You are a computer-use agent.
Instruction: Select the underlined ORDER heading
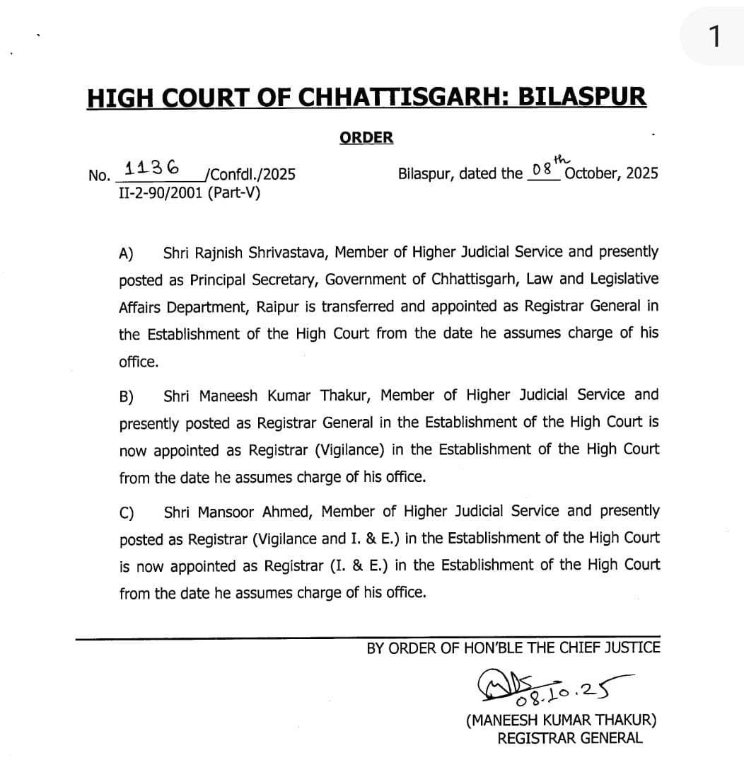coord(366,137)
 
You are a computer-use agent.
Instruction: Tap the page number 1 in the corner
coord(716,35)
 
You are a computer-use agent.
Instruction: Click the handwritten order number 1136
coord(152,168)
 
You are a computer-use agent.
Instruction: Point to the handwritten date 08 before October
coord(542,171)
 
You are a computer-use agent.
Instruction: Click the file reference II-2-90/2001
coord(162,192)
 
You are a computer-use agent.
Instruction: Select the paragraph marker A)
coord(127,253)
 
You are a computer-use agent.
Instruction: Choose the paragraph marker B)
coord(127,396)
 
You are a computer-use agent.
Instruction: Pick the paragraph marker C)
coord(127,512)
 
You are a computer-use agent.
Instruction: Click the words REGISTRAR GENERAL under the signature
coord(570,738)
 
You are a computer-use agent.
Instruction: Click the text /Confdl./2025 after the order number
coord(248,174)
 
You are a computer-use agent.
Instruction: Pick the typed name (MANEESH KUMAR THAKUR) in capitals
coord(561,720)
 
